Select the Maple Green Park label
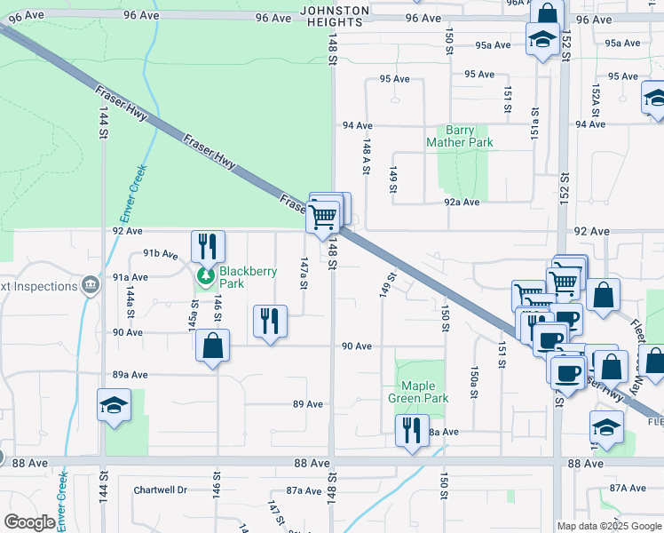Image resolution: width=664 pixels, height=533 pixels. (418, 393)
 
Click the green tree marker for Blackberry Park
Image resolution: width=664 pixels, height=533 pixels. (206, 276)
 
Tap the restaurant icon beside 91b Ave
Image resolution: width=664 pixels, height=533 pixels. (208, 245)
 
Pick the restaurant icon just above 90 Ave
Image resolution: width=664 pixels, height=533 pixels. (271, 320)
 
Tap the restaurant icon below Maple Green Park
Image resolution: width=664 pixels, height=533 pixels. (410, 430)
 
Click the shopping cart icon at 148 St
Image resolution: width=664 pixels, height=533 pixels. (324, 214)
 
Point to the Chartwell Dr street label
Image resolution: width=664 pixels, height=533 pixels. (161, 489)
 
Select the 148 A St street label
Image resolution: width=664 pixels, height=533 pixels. (366, 154)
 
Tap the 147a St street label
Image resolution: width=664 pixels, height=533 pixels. (304, 272)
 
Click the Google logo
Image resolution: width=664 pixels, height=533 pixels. (29, 522)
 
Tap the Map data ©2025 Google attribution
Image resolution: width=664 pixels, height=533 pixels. (608, 526)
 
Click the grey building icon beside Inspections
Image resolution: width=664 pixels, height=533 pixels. (90, 285)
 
